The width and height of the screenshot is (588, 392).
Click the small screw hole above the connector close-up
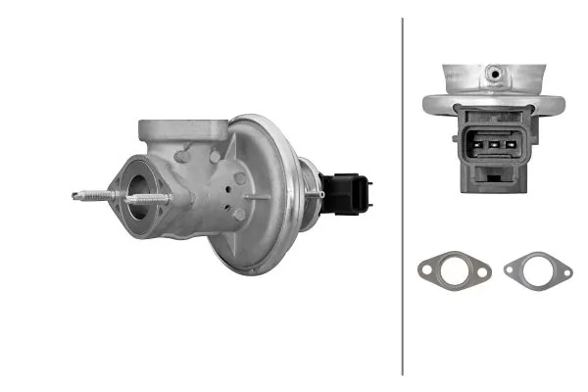tap(495, 73)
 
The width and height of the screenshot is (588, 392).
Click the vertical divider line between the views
tap(402, 196)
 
